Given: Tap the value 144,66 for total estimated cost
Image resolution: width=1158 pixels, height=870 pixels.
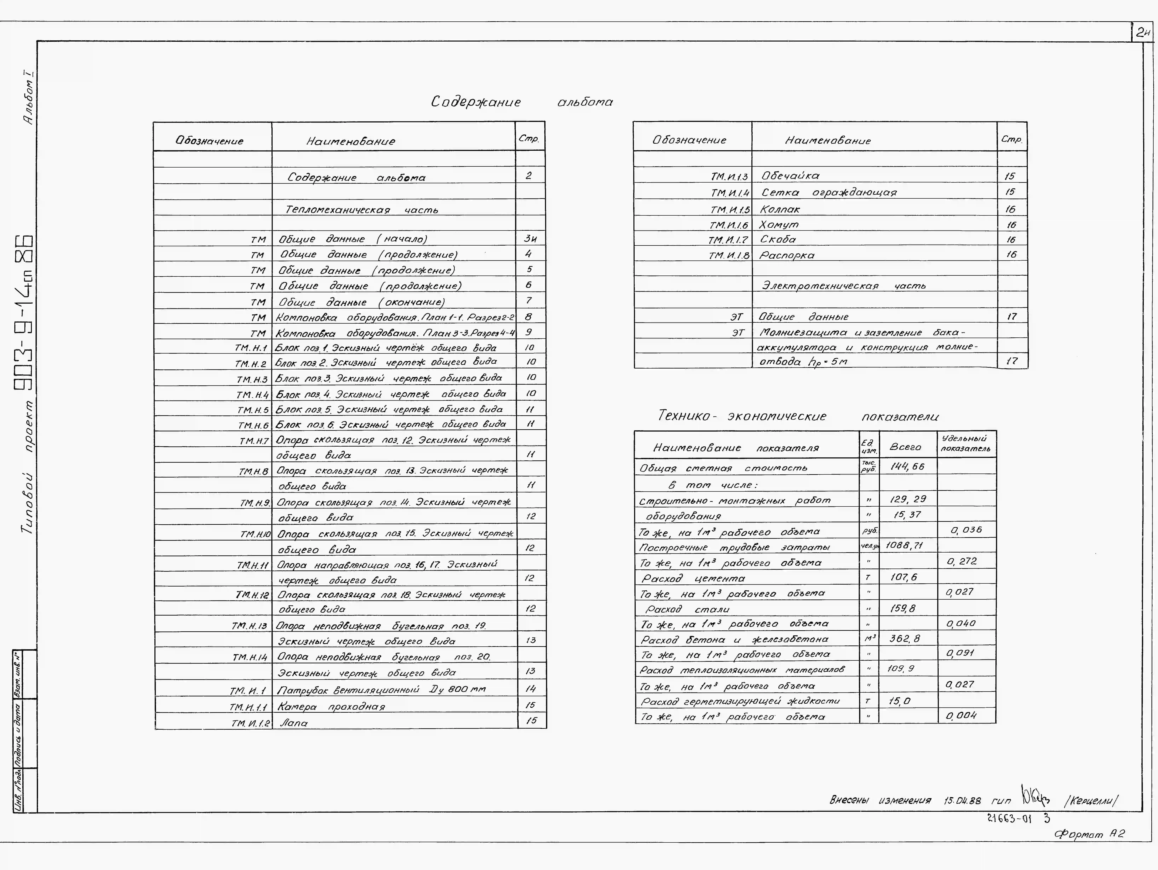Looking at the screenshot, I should click(x=907, y=466).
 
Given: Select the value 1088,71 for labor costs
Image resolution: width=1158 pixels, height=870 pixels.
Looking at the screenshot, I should click(x=904, y=545).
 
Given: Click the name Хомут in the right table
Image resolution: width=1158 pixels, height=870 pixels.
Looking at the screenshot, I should click(x=779, y=225).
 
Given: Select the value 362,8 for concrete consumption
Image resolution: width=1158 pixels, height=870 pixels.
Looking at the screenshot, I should click(x=904, y=639).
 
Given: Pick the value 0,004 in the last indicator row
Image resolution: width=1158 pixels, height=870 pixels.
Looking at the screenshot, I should click(x=961, y=716).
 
